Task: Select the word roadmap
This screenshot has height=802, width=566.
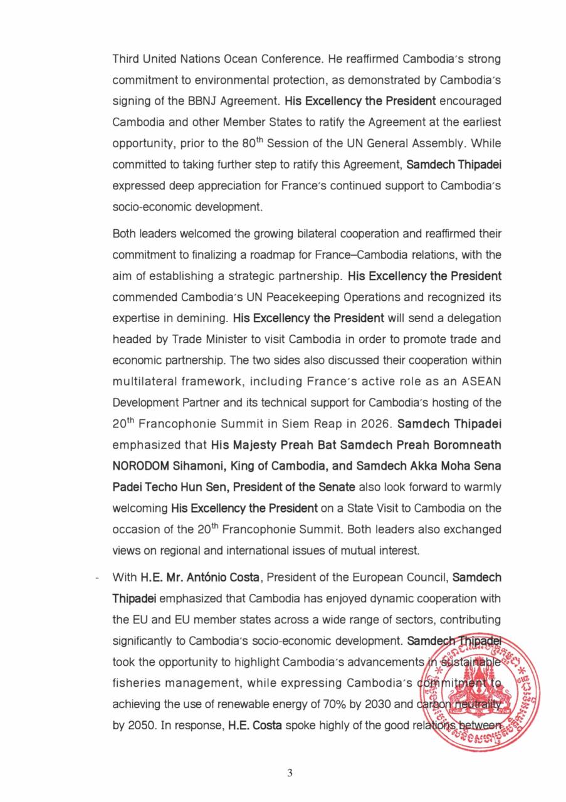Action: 296,255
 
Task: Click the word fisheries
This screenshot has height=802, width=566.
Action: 137,683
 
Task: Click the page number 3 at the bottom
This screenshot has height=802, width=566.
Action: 290,773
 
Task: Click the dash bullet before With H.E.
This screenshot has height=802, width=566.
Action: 96,577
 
